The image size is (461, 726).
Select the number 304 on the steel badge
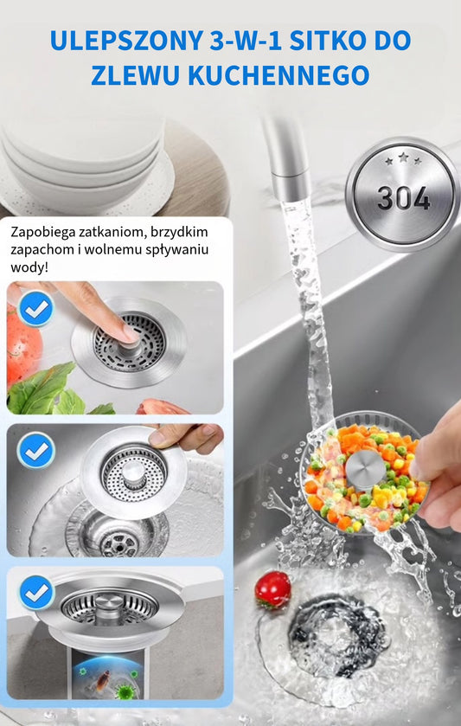[403, 198]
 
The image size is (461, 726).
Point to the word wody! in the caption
[30, 267]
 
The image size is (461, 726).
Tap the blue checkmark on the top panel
[35, 308]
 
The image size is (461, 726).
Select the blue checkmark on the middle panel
[35, 449]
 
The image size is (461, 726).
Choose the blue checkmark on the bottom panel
[35, 593]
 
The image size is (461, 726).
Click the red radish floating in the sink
[272, 589]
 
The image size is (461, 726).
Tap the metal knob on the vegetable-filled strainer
[365, 468]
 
